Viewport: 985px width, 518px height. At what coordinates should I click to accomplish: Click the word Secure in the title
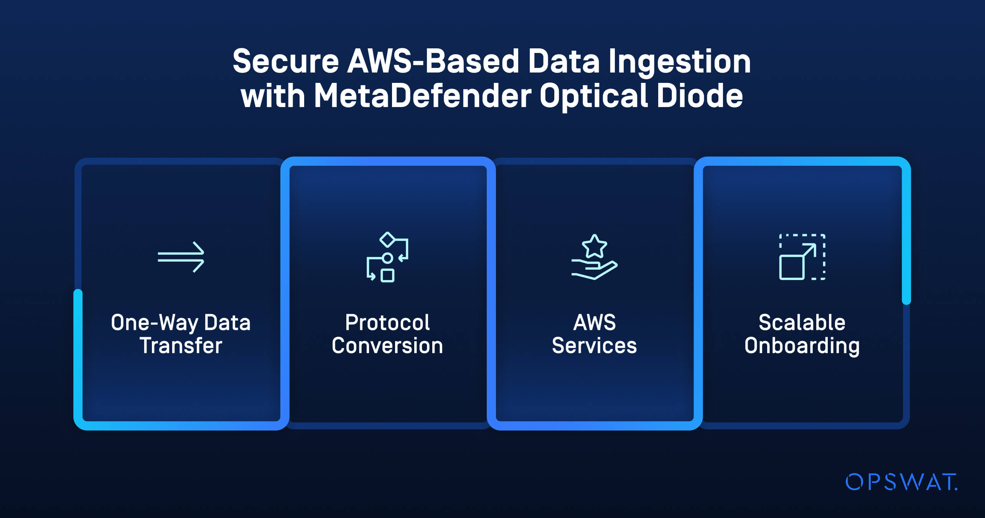tap(286, 61)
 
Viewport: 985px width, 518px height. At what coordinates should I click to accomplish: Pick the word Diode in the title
tap(700, 96)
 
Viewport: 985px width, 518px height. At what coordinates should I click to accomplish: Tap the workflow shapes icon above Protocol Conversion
tap(387, 257)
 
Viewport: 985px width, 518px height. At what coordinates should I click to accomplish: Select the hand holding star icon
tap(594, 257)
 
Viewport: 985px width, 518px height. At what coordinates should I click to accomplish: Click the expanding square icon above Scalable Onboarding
tap(802, 257)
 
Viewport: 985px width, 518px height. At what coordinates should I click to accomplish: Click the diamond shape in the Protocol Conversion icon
tap(387, 239)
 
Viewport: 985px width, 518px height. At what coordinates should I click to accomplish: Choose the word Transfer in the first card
tap(181, 345)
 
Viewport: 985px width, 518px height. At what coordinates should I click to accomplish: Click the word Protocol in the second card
tap(387, 322)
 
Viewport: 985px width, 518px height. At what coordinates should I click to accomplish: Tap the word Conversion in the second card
tap(387, 345)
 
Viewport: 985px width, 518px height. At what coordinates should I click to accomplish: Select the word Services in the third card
tap(594, 345)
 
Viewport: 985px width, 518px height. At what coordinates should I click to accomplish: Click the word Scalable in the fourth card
tap(802, 322)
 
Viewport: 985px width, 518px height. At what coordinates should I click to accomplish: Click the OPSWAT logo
tap(901, 482)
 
